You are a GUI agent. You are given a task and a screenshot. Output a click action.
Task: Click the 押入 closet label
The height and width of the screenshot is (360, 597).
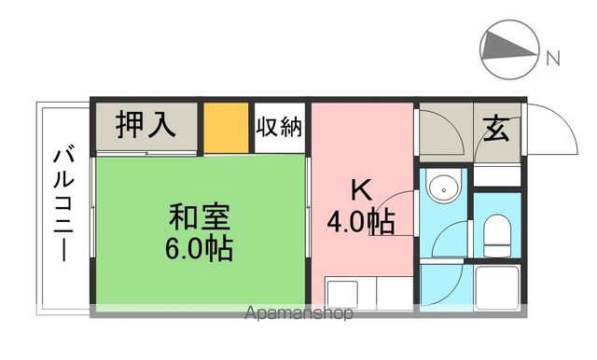(145, 126)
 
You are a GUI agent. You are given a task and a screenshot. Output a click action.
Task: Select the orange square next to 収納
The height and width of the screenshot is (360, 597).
(226, 127)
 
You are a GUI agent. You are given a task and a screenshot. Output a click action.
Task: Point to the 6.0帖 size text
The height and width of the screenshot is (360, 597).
(201, 249)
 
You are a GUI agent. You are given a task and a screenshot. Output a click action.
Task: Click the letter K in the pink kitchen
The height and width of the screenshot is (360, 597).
(359, 189)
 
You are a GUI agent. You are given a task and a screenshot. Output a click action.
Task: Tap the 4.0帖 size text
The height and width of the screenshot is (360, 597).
(359, 222)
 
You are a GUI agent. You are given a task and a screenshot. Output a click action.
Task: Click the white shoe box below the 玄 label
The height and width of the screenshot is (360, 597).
(494, 175)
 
